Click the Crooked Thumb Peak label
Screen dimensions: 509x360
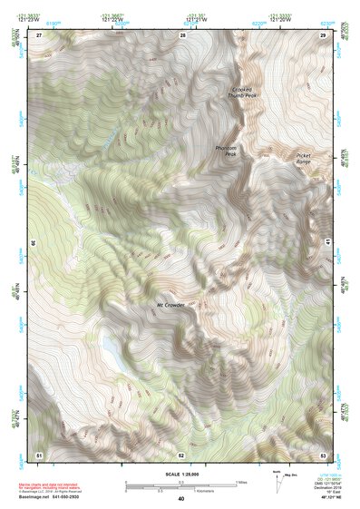click(241, 92)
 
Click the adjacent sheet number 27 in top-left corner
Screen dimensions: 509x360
click(39, 34)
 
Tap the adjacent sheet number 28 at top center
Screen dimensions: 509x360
click(182, 34)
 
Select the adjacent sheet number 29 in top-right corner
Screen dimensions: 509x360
click(324, 34)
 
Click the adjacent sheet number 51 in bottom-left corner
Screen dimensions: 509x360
click(39, 454)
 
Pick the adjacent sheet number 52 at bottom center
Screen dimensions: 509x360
click(181, 454)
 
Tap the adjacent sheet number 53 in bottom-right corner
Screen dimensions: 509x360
click(324, 454)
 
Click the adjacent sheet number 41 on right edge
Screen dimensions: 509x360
click(328, 241)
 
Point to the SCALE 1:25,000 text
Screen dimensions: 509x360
click(181, 473)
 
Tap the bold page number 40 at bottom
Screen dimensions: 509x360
click(181, 499)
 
